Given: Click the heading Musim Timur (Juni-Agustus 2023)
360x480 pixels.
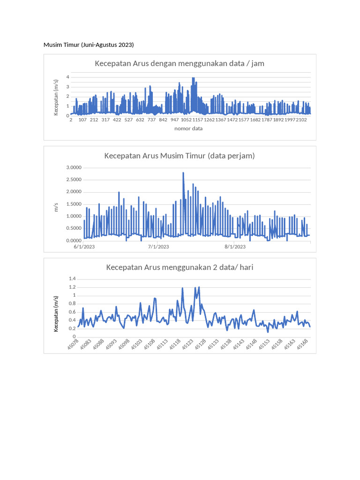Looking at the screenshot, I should tap(89, 45).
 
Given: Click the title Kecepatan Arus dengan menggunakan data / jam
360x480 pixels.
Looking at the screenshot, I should tap(180, 63).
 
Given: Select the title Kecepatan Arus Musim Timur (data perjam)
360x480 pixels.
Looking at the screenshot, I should tap(180, 156).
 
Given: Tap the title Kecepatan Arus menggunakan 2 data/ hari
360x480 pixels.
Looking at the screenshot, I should tap(180, 268).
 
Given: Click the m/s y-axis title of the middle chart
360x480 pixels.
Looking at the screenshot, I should tap(56, 207).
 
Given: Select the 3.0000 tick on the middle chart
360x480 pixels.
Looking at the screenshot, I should tap(73, 168).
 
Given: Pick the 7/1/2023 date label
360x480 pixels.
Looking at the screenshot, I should tap(158, 247).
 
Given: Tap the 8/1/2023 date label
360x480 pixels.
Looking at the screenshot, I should tap(235, 247).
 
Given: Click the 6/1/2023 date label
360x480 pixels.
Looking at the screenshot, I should tap(84, 247).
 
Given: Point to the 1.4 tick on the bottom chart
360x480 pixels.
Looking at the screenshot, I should tap(72, 279).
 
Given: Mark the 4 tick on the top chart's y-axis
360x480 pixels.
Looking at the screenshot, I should tap(68, 77).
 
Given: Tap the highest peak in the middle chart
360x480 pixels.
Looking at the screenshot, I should tap(183, 173).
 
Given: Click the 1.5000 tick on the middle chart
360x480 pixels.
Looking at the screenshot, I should tap(73, 204).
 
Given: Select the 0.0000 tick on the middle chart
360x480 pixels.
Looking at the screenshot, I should tap(73, 240).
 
